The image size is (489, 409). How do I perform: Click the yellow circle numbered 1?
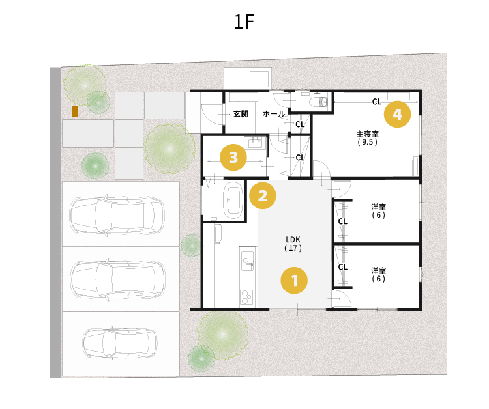point(294,280)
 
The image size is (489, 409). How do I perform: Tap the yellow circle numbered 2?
point(263,195)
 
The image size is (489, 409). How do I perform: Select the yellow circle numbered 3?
point(233,158)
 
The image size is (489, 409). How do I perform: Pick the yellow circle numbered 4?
point(397,114)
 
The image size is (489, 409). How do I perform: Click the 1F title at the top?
point(244,21)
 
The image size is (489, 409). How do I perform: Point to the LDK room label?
point(293,240)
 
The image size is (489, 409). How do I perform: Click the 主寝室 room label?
point(368,134)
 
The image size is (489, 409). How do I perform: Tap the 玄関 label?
point(241,114)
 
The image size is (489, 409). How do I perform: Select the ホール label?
point(274,114)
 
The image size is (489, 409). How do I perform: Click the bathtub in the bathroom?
point(233,200)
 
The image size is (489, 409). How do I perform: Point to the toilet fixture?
point(318,102)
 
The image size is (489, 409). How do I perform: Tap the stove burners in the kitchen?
point(246,297)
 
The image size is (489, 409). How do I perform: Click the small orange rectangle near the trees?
point(75,111)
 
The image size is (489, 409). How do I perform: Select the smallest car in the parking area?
point(120,343)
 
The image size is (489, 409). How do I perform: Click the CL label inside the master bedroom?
point(377,102)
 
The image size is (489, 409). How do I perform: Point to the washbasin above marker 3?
point(256,143)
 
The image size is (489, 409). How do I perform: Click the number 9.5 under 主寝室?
point(368,142)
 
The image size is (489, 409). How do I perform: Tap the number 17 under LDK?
point(293,248)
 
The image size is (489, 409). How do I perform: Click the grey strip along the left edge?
point(55,223)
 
